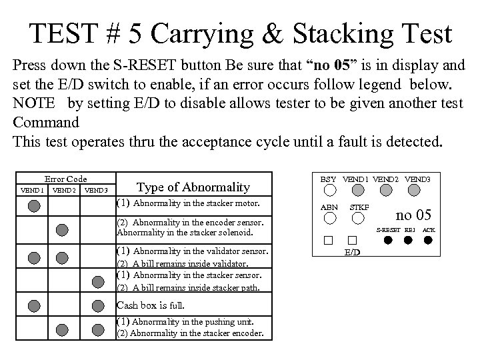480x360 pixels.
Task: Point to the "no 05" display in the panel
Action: (413, 215)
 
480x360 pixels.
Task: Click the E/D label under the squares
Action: (353, 253)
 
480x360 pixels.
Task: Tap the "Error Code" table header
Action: (65, 179)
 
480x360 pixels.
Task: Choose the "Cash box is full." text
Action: (151, 305)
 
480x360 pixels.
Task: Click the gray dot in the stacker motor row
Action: (33, 206)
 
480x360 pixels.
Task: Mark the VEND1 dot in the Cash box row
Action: (33, 306)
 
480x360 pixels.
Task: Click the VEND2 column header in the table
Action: (64, 190)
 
